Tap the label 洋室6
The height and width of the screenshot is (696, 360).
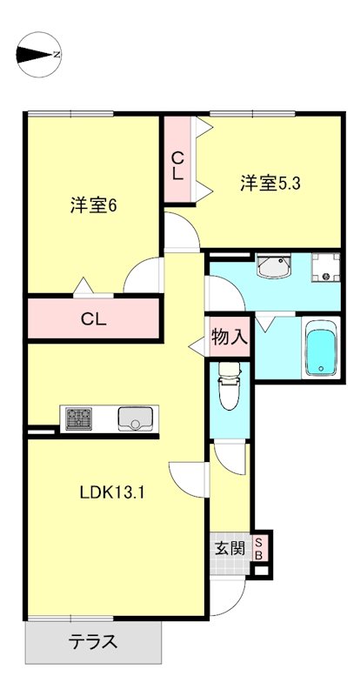[93, 206]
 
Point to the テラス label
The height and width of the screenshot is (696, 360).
[93, 644]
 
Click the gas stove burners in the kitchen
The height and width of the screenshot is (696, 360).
[77, 418]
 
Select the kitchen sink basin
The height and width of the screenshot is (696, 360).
[135, 418]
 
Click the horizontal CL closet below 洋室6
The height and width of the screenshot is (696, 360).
[94, 318]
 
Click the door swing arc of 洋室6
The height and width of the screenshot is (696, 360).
[141, 277]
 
